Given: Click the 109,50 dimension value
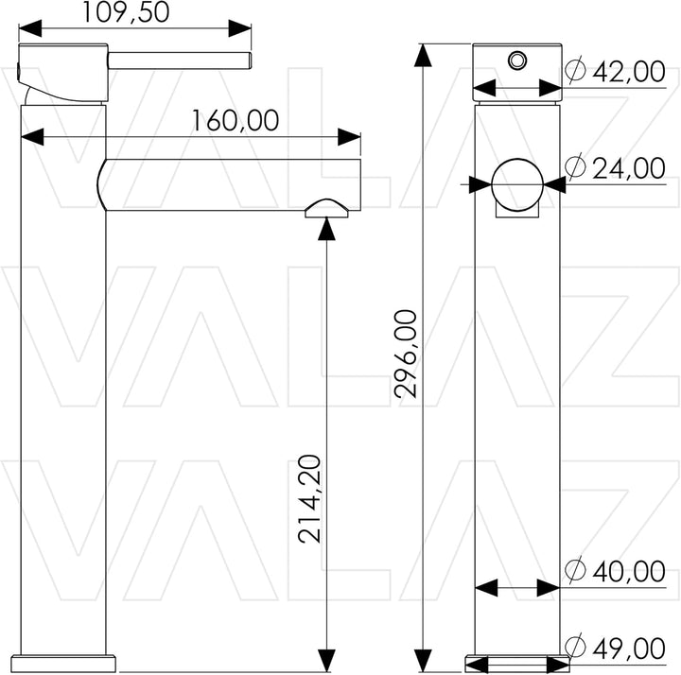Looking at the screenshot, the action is coord(126,12).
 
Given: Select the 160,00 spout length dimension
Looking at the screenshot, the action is coord(236,120).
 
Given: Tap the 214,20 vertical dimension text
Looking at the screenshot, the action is coord(309,499).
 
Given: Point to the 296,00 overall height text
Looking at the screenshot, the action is coord(405,354).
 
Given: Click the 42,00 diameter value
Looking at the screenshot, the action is coord(629,72).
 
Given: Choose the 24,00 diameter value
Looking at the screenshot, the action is coord(629,168).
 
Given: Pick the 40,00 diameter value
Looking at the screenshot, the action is coord(629,571).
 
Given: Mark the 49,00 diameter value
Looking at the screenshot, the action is coord(629,649).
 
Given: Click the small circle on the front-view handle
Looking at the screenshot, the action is coord(517,60).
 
